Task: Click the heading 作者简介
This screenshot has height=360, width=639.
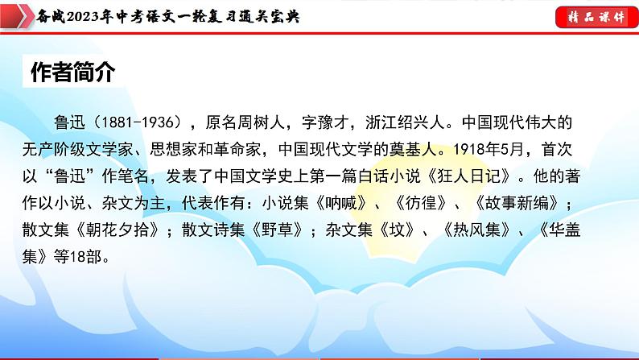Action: point(73,72)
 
